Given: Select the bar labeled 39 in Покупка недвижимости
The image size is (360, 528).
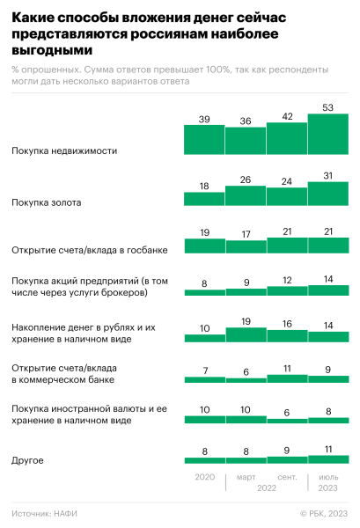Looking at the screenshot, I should (203, 140).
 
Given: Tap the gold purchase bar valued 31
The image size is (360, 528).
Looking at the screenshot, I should (328, 194).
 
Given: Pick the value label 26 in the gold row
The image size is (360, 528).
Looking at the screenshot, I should (246, 180).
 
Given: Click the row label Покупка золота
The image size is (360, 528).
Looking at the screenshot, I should (46, 202).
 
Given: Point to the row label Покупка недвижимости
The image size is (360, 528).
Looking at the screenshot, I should (64, 150).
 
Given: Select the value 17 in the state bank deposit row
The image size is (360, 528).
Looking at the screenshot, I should (246, 235).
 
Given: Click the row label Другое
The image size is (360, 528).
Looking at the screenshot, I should (27, 459).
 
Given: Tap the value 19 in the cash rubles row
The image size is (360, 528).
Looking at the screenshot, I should (246, 322).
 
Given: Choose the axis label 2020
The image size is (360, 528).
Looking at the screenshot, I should (203, 476).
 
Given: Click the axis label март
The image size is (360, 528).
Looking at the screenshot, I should (246, 476).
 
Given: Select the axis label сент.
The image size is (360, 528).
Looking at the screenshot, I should (287, 476).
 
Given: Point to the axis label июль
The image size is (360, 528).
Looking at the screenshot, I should (328, 476).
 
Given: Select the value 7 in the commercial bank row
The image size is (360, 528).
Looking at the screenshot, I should (203, 370).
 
